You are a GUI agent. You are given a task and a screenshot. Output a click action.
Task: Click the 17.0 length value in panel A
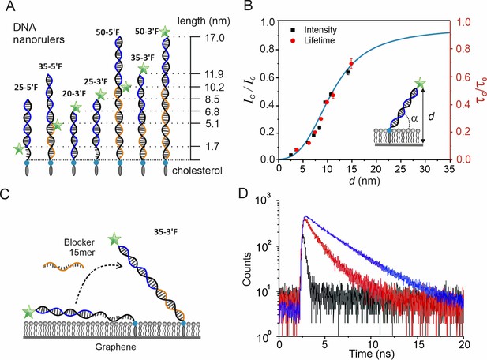pos(215,38)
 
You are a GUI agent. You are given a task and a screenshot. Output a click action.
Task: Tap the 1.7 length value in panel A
pos(212,146)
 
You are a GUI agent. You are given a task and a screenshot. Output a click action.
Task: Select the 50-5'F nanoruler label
pos(108,32)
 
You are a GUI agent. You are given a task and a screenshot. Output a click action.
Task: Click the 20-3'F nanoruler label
pos(73,93)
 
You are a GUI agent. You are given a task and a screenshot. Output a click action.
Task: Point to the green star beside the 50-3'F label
pos(165,32)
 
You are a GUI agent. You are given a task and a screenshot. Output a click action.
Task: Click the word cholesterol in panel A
pos(197,171)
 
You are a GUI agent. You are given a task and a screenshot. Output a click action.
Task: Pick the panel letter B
pos(248,6)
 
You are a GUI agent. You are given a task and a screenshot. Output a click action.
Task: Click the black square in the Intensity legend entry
pos(293,30)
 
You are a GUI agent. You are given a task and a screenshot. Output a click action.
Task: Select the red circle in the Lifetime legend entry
pos(293,41)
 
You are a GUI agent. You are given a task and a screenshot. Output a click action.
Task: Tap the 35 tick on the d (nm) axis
pos(449,169)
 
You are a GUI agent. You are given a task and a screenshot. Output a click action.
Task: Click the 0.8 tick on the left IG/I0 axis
pos(268,50)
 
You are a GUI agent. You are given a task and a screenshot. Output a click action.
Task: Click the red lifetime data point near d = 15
pos(351,64)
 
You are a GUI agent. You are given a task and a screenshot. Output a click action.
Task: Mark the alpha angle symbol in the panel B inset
pos(414,118)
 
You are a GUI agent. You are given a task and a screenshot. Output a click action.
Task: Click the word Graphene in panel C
pos(115,347)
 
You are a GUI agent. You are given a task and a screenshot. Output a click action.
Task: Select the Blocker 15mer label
pos(80,247)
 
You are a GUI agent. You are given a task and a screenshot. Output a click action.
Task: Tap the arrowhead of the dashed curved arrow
pos(118,265)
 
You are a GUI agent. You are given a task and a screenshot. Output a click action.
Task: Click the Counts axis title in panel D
pos(247,269)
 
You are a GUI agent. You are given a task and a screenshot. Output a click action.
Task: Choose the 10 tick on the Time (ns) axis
pos(371,345)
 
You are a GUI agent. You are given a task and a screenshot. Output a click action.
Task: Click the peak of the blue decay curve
pos(305,216)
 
